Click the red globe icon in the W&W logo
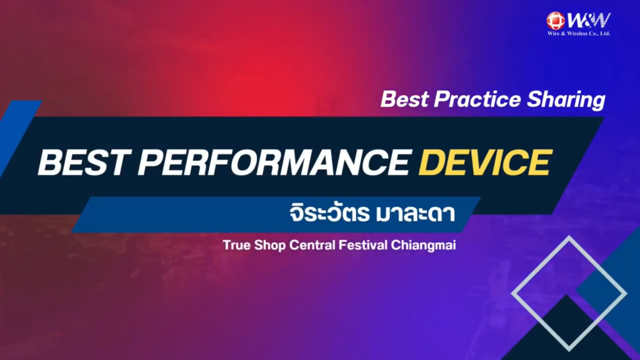[x=556, y=21]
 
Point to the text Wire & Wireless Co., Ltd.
[x=579, y=33]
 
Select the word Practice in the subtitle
[x=477, y=99]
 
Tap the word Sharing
[x=566, y=100]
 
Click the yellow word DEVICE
[x=486, y=162]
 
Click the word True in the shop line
[x=237, y=245]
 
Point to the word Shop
[x=270, y=246]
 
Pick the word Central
[x=312, y=245]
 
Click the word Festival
[x=363, y=245]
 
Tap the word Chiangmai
[x=423, y=246]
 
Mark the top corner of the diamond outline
[x=569, y=236]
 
